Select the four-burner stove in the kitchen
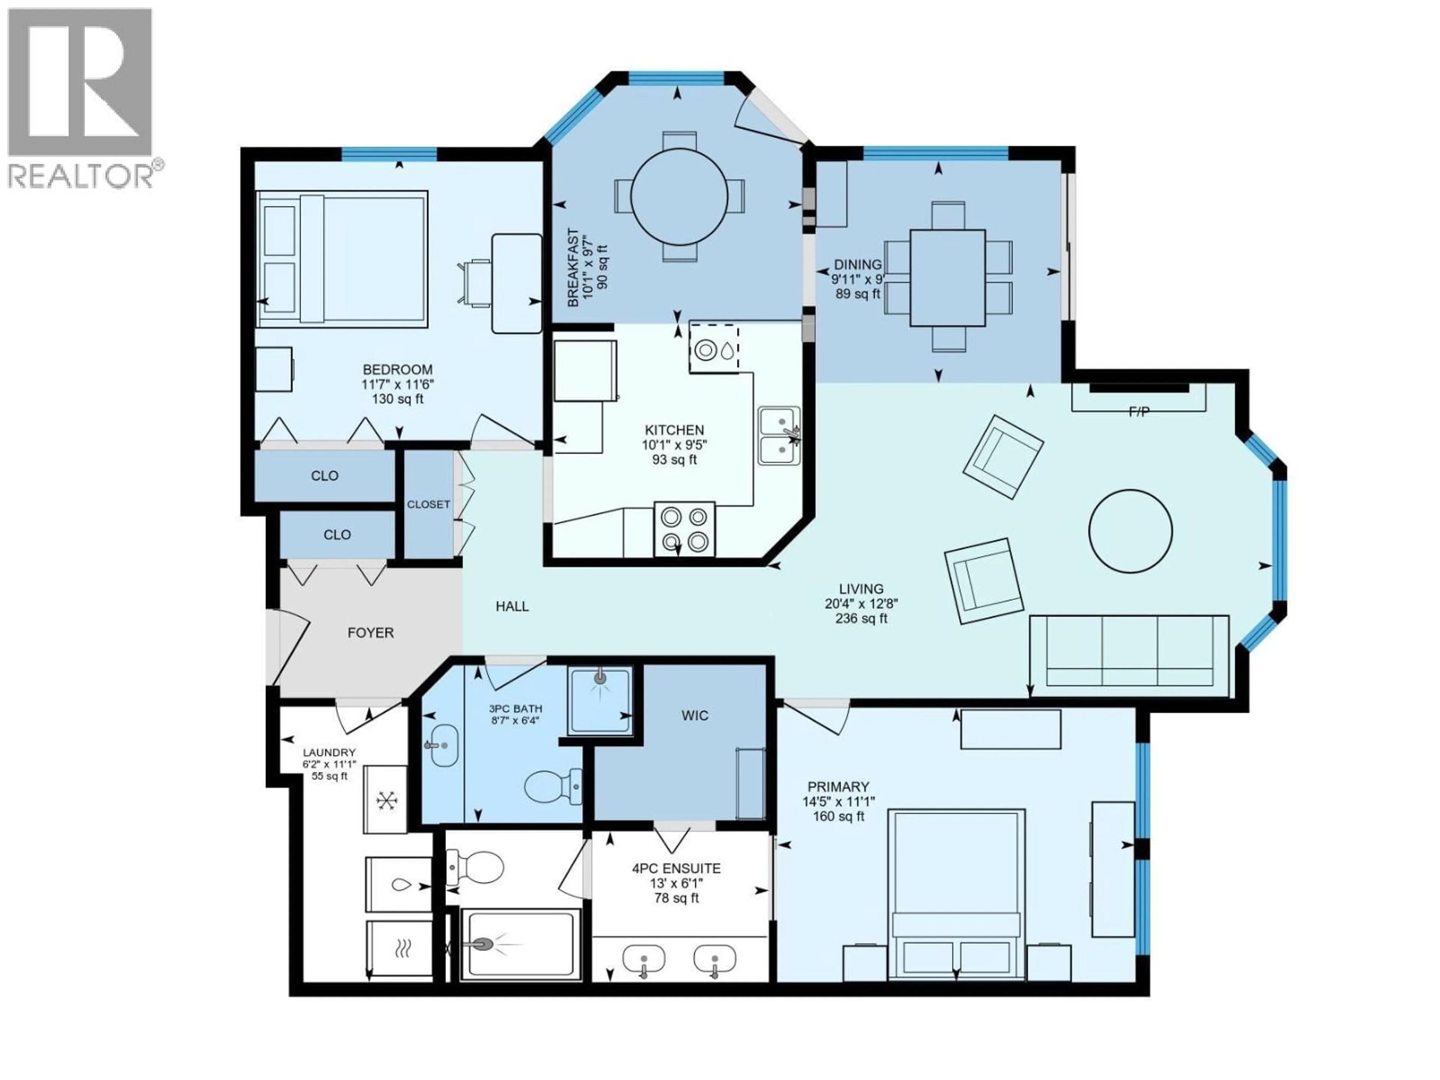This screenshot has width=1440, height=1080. coord(684,529)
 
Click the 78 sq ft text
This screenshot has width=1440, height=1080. coord(676,898)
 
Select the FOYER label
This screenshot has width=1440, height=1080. coord(370,633)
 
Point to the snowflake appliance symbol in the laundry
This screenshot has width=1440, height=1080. coord(386,800)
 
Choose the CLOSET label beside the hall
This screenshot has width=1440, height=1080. coord(428,504)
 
